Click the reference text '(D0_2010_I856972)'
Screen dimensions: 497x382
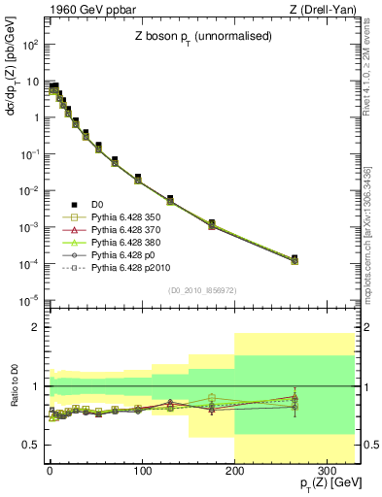point(203,290)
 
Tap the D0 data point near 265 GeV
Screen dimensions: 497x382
point(295,258)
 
